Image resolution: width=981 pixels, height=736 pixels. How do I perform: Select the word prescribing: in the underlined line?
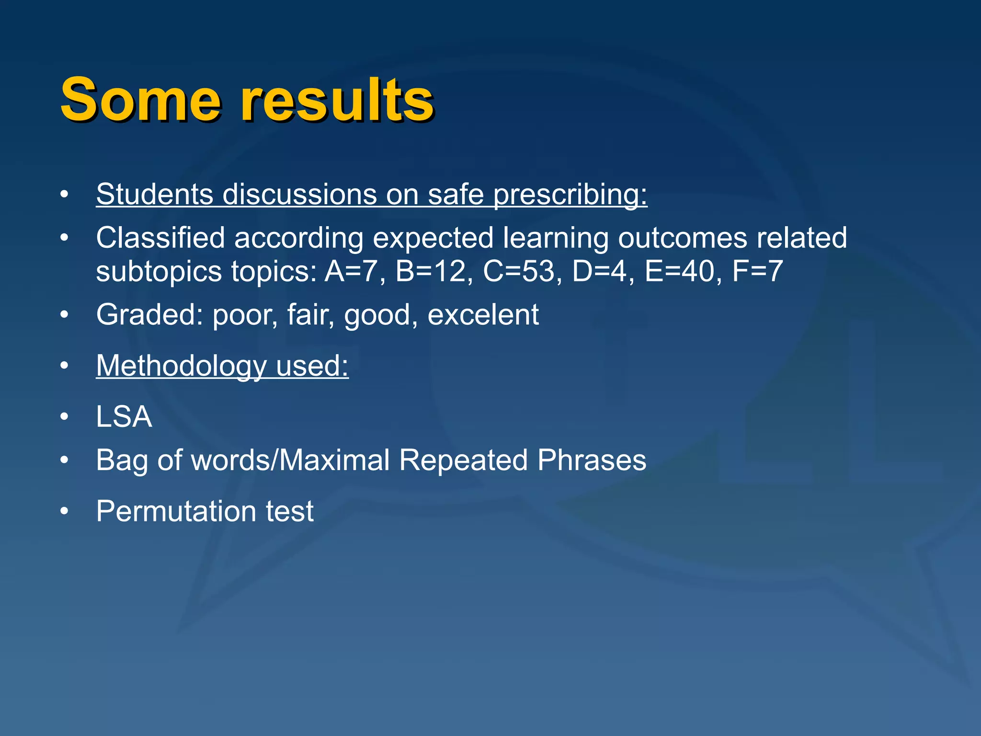[x=570, y=195]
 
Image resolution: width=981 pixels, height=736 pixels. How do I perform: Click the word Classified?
[x=160, y=238]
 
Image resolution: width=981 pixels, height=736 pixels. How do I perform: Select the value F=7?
[x=757, y=271]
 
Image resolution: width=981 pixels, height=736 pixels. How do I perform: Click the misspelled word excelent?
[x=483, y=315]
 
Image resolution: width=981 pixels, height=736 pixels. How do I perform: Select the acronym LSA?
[x=124, y=416]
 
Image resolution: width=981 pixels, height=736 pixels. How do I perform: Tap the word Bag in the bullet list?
[x=122, y=461]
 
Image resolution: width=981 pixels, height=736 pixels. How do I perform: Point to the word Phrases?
[x=592, y=460]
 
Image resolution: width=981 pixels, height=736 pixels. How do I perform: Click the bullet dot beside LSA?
[x=64, y=417]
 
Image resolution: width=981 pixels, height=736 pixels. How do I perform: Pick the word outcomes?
[x=682, y=238]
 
